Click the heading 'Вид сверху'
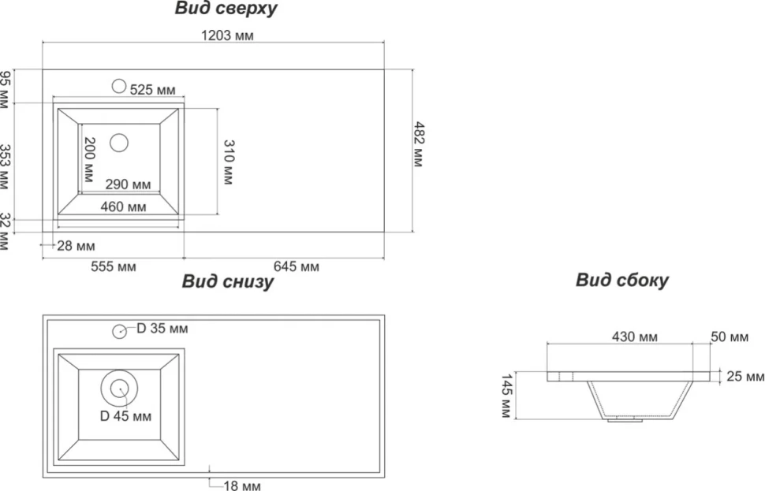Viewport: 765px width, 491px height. [x=226, y=9]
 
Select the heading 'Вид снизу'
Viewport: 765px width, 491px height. [x=228, y=282]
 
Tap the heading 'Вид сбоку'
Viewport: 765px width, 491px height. [x=622, y=281]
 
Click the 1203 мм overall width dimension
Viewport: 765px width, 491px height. [x=227, y=35]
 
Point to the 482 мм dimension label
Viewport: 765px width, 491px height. [x=419, y=144]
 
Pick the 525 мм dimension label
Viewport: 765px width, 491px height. [x=152, y=90]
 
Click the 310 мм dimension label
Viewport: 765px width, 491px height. [x=229, y=162]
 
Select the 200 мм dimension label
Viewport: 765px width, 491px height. [x=89, y=160]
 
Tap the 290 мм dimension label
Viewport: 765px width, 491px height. [x=129, y=184]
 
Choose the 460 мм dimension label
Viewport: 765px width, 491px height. [x=124, y=206]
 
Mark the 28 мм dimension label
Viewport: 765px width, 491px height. [x=76, y=246]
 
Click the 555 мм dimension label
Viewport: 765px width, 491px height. [x=114, y=266]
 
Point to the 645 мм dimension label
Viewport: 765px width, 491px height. [x=297, y=266]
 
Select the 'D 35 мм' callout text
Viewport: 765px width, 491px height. [x=162, y=329]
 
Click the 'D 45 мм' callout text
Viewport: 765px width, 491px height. [x=125, y=416]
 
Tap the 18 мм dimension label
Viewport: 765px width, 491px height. [x=242, y=485]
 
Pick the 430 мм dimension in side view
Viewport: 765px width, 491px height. [x=635, y=337]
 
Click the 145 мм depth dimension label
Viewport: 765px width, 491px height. [x=507, y=396]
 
